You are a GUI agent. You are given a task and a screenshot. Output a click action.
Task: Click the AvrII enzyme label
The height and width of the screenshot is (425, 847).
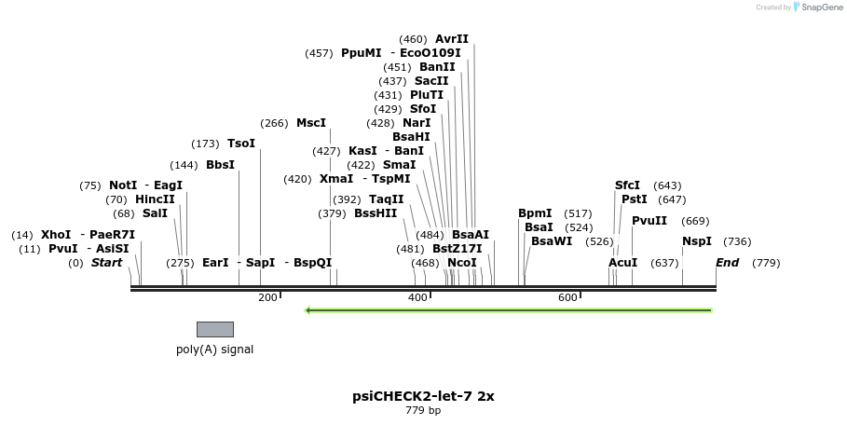452,39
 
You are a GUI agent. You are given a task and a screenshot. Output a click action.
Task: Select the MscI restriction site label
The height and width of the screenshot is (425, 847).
311,123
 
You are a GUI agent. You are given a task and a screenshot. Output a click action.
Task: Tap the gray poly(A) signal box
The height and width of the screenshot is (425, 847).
215,329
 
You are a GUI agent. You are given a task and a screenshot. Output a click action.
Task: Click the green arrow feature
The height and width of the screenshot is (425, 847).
509,309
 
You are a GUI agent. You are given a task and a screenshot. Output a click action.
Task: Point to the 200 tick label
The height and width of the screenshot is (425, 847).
266,297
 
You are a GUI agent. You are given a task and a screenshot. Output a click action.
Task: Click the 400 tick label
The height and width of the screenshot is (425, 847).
417,297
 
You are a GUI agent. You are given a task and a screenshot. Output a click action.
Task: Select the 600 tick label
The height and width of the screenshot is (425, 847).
567,297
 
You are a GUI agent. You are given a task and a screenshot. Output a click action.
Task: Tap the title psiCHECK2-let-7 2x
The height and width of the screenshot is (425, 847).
423,396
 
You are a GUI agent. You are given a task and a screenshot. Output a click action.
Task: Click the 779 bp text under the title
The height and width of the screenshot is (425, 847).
423,410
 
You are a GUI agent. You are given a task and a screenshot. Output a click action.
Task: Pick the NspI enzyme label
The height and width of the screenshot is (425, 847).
696,241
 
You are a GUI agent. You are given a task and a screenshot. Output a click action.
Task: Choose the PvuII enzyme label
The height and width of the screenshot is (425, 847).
649,221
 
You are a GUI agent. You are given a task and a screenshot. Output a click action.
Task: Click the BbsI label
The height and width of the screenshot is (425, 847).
220,165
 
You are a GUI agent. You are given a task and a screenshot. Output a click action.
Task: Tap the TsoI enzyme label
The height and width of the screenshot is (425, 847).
240,144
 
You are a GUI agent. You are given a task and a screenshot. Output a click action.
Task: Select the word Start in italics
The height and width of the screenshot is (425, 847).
106,263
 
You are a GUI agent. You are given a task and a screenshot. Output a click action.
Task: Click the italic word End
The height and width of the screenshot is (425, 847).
727,263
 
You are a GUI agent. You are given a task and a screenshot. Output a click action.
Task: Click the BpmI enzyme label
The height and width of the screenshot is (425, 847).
535,213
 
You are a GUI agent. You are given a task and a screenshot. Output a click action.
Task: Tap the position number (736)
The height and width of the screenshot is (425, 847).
737,241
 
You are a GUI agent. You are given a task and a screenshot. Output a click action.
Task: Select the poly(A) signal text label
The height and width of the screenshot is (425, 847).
214,350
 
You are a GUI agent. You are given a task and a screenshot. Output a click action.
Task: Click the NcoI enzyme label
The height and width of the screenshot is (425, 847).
461,263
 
